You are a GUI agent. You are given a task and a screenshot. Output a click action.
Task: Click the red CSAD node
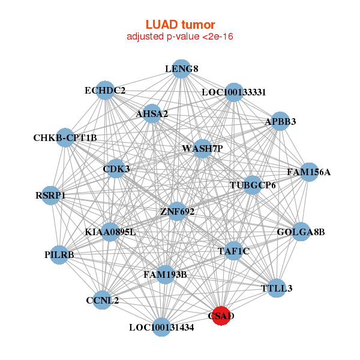(x=221, y=316)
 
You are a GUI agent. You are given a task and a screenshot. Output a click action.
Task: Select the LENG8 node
(x=181, y=69)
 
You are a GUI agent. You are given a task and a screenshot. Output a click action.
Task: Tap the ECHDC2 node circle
(x=105, y=91)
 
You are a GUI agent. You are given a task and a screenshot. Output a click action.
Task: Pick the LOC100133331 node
(x=233, y=92)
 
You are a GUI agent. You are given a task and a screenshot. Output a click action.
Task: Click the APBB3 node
(x=280, y=121)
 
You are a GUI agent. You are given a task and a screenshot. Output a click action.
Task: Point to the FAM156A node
(x=308, y=172)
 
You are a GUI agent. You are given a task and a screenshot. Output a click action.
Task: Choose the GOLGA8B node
(x=301, y=232)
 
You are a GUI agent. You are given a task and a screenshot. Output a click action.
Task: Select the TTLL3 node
(x=277, y=289)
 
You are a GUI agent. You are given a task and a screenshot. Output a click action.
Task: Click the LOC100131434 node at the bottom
(x=161, y=327)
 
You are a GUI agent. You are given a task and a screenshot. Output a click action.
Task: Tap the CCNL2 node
(x=102, y=301)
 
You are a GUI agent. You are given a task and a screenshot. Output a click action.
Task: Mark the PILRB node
(x=59, y=255)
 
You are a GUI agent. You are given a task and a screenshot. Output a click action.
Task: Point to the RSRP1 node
(x=50, y=196)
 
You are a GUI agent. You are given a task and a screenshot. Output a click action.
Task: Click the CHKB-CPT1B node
(x=65, y=138)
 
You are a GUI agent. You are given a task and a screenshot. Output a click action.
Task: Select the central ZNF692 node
(x=177, y=211)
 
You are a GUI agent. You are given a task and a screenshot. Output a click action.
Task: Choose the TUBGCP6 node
(x=253, y=185)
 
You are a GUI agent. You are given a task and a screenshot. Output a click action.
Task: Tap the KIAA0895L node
(x=110, y=232)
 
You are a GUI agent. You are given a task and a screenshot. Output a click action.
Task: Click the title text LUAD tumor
(x=180, y=25)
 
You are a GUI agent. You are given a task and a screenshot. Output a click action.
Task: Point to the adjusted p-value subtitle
(x=180, y=37)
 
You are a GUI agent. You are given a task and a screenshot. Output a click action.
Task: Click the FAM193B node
(x=165, y=275)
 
